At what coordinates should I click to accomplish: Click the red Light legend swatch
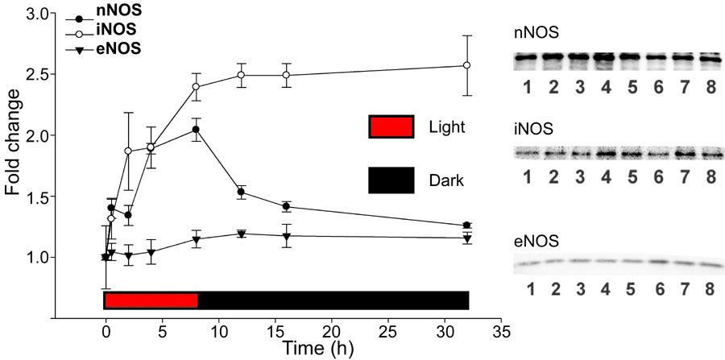(391, 127)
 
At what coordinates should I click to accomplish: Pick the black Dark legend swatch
(391, 180)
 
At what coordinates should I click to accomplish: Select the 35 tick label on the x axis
(502, 331)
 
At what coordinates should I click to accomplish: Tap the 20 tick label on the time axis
(332, 331)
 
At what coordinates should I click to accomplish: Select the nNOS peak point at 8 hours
(196, 130)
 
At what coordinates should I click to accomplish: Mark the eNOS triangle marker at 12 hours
(241, 234)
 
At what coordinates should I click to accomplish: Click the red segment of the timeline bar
(151, 300)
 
